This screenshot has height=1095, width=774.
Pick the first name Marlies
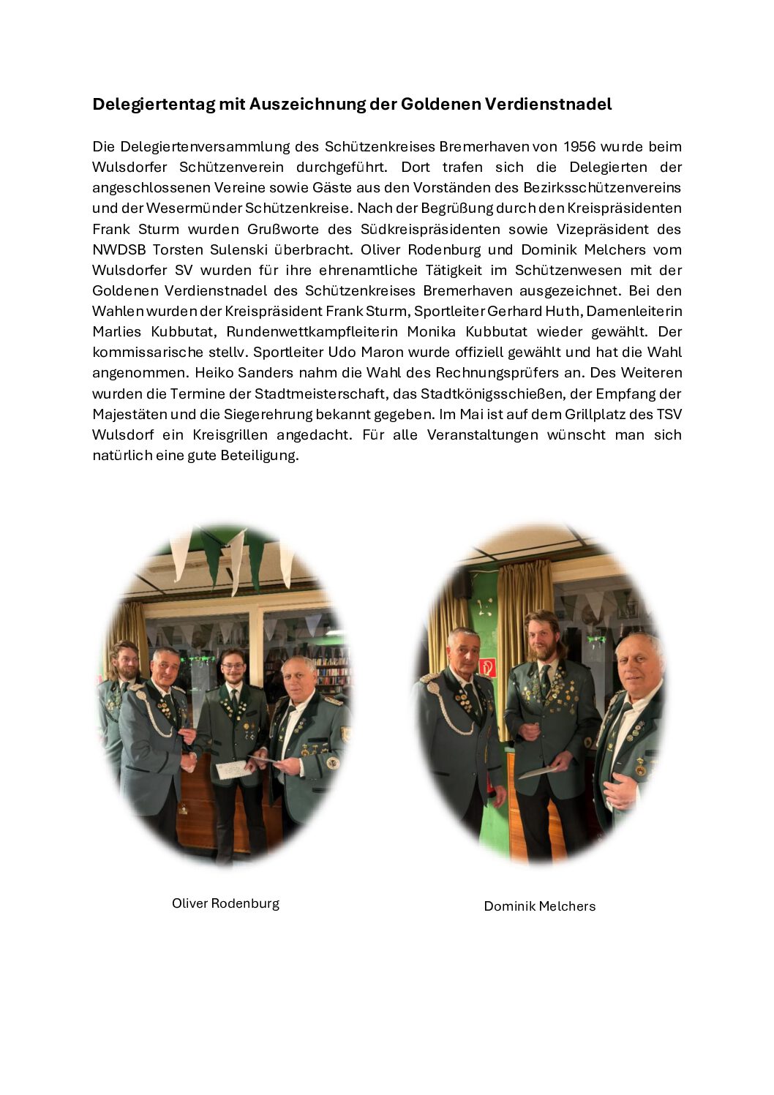117,331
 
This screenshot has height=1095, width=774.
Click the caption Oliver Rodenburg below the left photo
225,903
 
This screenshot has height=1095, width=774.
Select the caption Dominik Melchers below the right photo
539,906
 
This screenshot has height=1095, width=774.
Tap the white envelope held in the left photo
232,769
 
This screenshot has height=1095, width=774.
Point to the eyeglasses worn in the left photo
233,665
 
